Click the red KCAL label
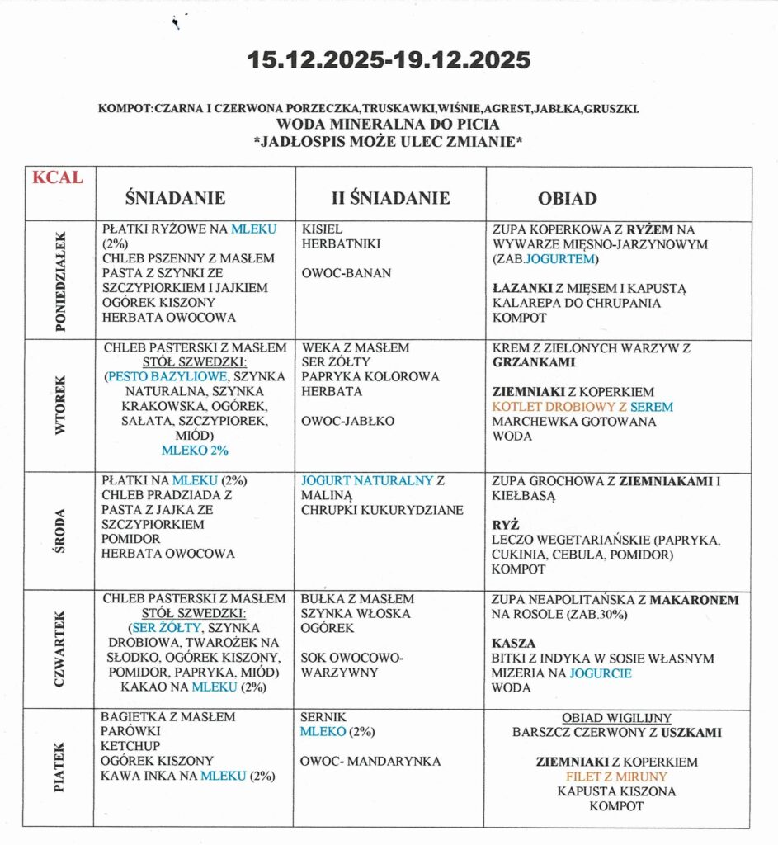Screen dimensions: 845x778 click(58, 177)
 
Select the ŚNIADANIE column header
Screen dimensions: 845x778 click(175, 198)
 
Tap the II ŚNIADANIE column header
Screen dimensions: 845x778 click(389, 198)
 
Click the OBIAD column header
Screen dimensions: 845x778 click(568, 199)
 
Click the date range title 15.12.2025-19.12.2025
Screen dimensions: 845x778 click(389, 60)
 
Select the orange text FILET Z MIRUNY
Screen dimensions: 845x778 click(615, 777)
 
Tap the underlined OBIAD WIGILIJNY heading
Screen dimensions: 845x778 click(616, 718)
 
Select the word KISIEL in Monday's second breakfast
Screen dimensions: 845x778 click(323, 229)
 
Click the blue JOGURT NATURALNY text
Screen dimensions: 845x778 click(368, 480)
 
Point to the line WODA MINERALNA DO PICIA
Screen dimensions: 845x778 click(388, 125)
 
